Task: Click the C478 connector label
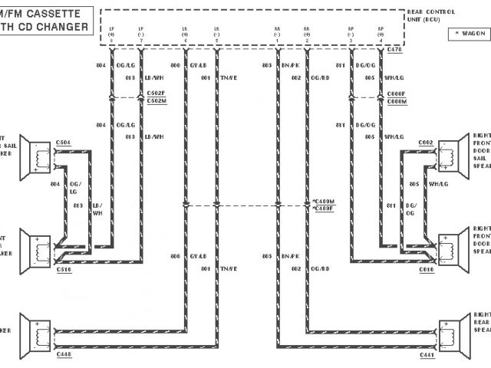[x=395, y=49]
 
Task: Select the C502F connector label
[x=157, y=93]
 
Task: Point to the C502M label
[x=157, y=100]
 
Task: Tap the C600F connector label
[x=397, y=93]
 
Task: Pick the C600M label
[x=397, y=101]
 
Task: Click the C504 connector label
[x=64, y=142]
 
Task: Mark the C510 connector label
[x=64, y=269]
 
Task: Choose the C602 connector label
[x=426, y=143]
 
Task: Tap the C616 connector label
[x=426, y=269]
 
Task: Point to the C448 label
[x=64, y=355]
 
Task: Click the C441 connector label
[x=426, y=355]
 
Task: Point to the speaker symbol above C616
[x=452, y=245]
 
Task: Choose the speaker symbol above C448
[x=34, y=331]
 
